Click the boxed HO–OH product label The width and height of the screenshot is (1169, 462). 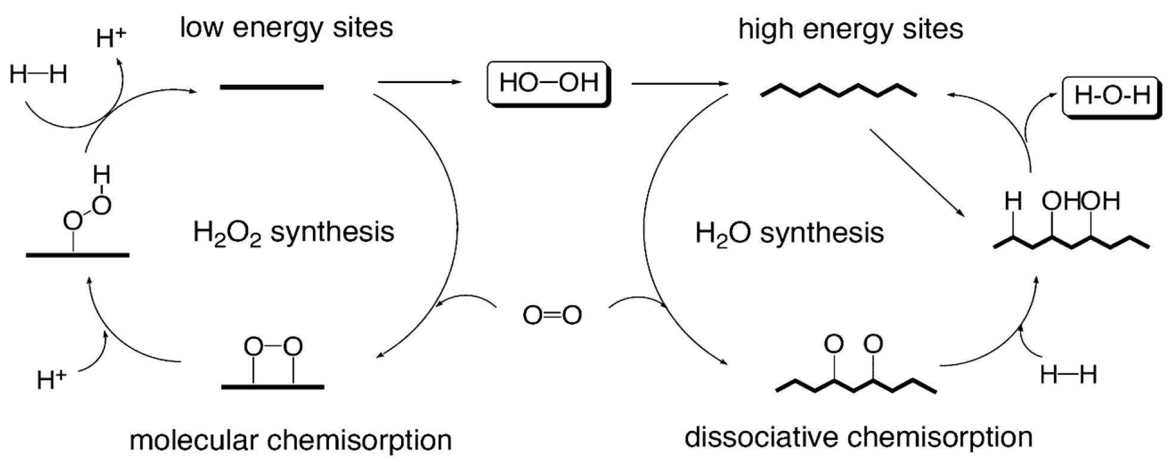coord(548,83)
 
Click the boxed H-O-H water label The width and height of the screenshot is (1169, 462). coord(1112,96)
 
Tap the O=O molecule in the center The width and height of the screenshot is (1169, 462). coord(552,315)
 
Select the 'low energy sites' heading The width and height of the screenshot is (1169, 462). coord(287,27)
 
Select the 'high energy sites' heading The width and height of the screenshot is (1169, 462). coord(851,29)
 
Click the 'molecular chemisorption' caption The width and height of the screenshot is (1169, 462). coord(290,441)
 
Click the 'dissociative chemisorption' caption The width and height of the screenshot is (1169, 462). coord(858,437)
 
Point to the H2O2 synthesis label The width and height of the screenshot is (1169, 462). coord(293,232)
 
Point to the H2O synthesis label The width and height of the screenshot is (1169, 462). coord(789,232)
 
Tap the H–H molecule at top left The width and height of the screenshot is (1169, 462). coord(39,75)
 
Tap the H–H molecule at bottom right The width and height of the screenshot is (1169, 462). coord(1068,375)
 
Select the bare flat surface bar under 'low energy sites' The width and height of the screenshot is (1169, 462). coord(272,87)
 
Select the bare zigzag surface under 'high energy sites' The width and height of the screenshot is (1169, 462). coord(839,91)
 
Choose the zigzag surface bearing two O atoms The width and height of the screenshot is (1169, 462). coord(855,370)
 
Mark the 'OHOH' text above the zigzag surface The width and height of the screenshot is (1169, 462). coord(1081,201)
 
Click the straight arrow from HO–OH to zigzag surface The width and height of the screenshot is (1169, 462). coord(680,84)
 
